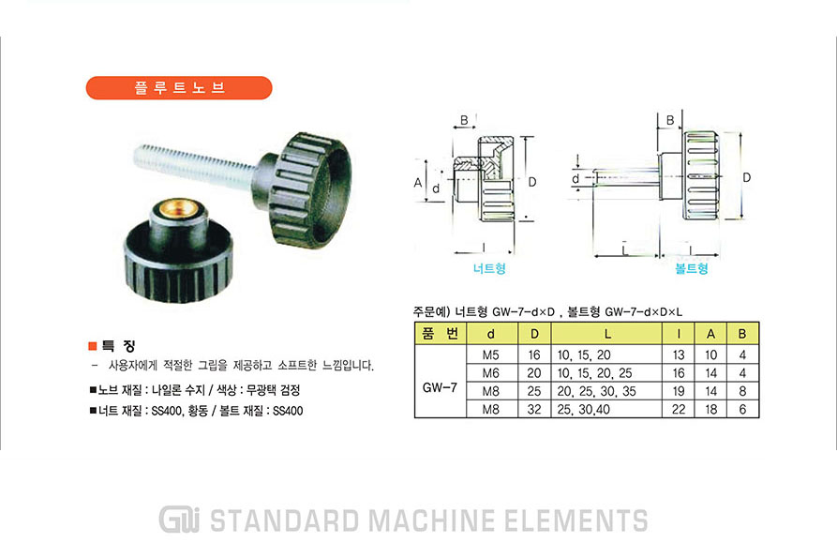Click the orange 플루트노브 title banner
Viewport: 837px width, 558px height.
(179, 87)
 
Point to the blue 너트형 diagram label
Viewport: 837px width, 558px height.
(489, 268)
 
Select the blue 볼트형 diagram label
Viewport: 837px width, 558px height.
(692, 268)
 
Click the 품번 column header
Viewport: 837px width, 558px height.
(441, 334)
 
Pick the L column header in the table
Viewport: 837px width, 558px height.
(607, 334)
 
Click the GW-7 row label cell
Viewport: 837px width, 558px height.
(440, 387)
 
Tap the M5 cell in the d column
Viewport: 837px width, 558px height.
(490, 355)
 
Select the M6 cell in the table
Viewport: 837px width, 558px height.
(490, 373)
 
